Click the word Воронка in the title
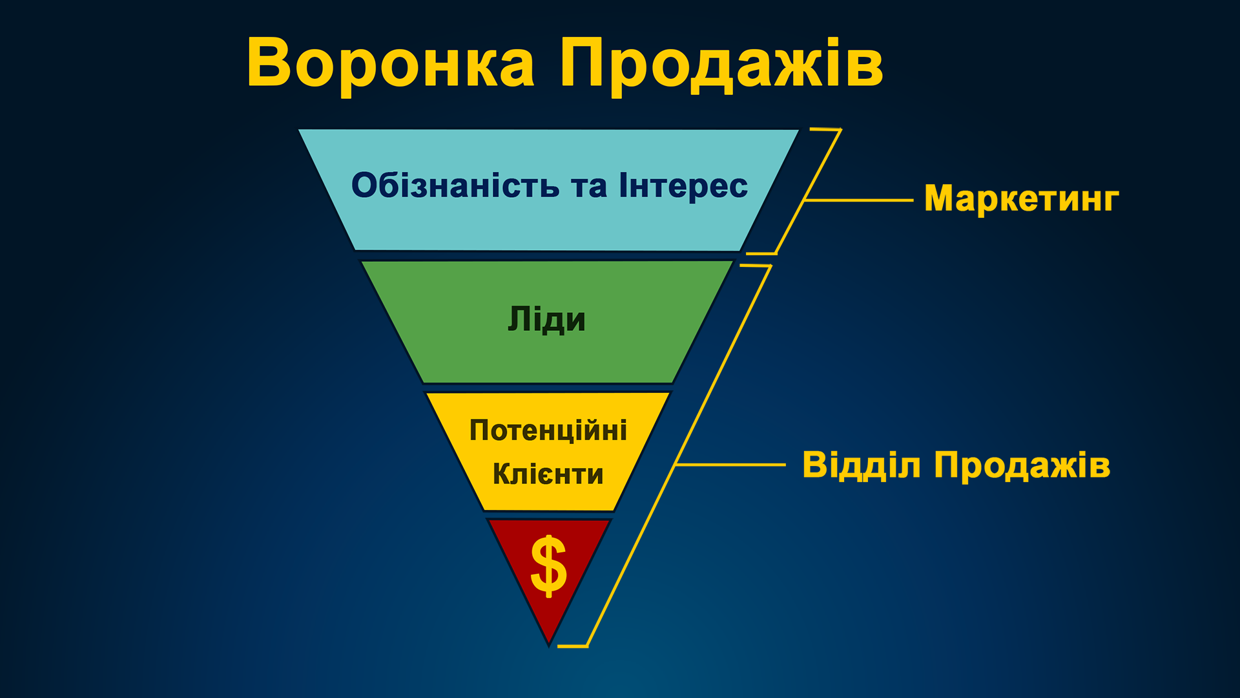(x=390, y=63)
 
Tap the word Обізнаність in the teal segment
(x=455, y=185)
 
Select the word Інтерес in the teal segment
(x=683, y=185)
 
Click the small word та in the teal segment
(x=588, y=186)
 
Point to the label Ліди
(x=546, y=320)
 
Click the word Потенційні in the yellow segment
(x=548, y=430)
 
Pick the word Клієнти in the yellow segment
(x=548, y=474)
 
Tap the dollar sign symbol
(x=548, y=566)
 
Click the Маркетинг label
(x=1021, y=198)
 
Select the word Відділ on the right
(x=861, y=465)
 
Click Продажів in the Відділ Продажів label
(x=1022, y=465)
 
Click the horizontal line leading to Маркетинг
(x=859, y=200)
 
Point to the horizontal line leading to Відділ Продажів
(x=730, y=465)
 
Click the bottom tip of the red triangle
(x=549, y=643)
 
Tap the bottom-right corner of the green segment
(x=672, y=382)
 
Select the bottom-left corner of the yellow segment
(x=484, y=509)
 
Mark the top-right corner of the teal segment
(x=798, y=131)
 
